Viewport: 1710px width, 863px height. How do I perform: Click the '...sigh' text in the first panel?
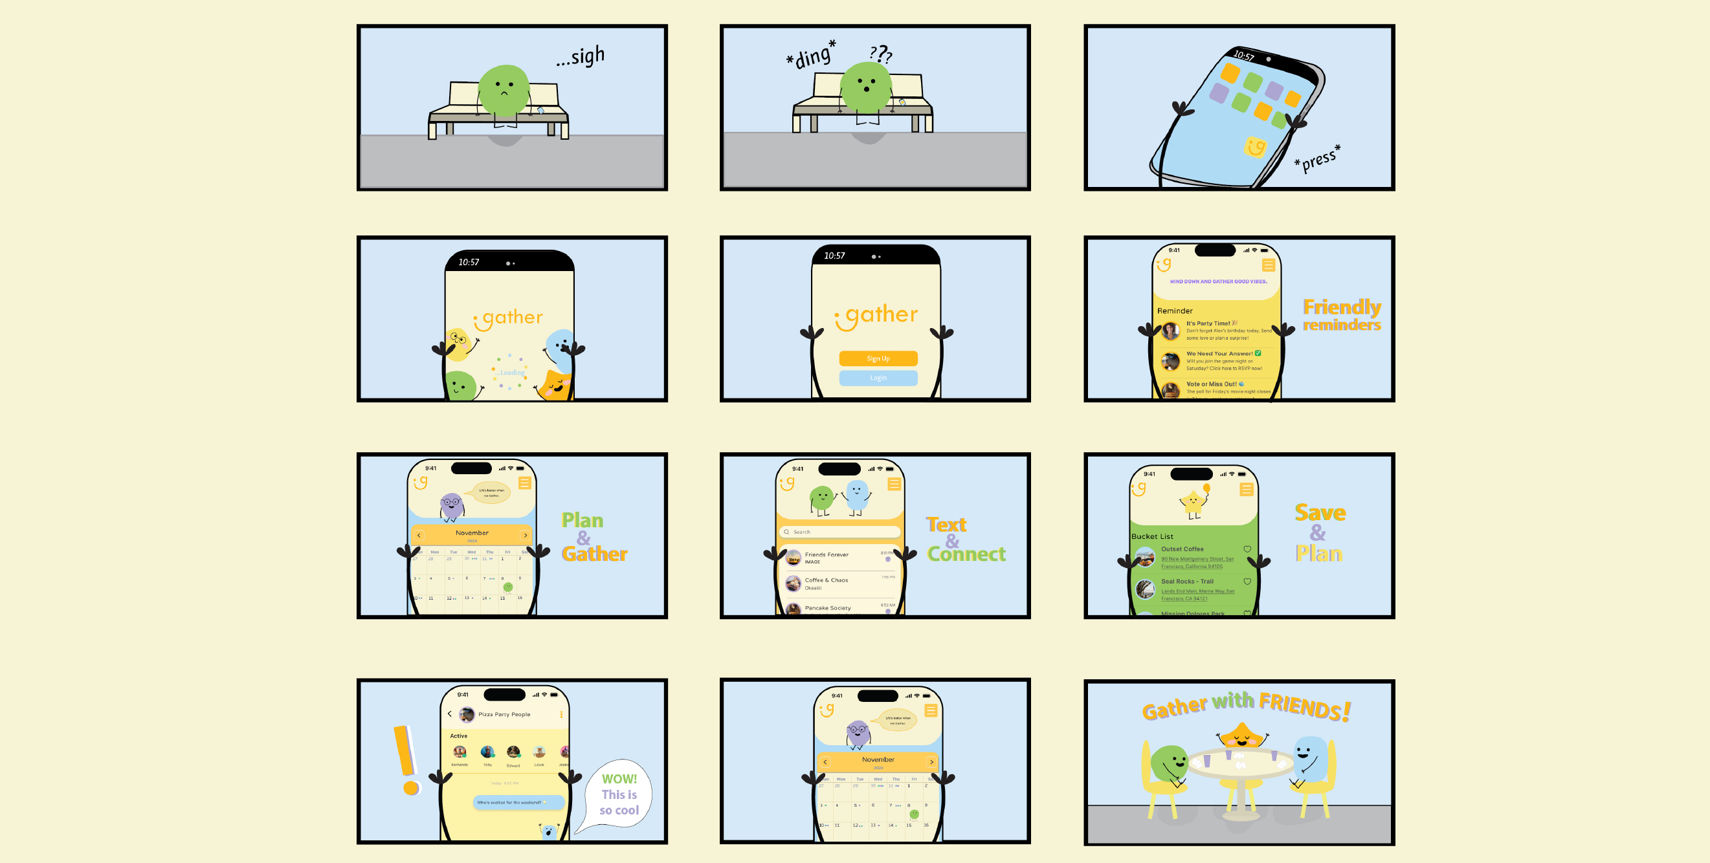[581, 56]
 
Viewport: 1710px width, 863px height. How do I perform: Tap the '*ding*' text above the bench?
[810, 55]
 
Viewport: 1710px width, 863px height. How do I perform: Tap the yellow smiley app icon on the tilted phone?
[1255, 147]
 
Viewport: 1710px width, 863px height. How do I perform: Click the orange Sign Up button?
[878, 358]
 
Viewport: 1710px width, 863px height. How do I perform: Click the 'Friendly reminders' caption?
[1341, 315]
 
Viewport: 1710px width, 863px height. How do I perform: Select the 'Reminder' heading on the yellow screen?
[1174, 311]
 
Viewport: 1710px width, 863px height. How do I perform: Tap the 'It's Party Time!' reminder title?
[1208, 323]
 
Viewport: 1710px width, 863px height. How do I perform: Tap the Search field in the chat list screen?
[840, 532]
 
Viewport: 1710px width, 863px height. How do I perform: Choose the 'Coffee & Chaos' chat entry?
[826, 580]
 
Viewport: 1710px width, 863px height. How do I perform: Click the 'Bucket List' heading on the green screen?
[1151, 536]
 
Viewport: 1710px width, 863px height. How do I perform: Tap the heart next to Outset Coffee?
[1247, 549]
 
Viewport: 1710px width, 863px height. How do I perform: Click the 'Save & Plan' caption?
[1320, 532]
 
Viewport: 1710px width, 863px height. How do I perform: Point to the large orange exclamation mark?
[406, 759]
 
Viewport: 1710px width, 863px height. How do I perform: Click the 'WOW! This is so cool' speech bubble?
[619, 794]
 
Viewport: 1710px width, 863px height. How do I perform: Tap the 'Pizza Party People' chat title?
[504, 714]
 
